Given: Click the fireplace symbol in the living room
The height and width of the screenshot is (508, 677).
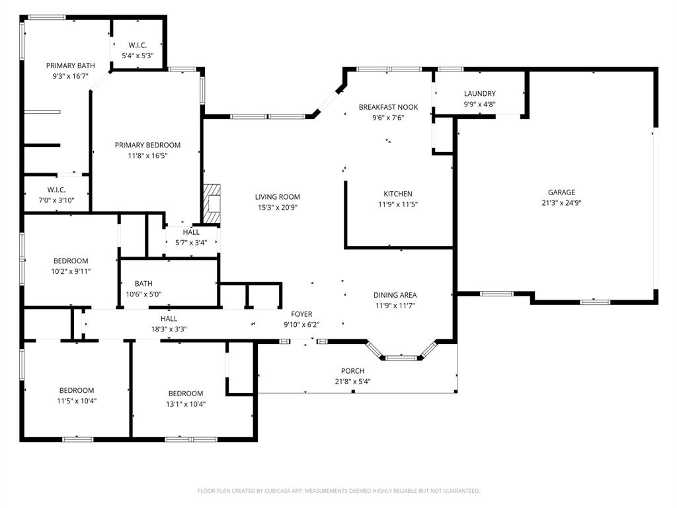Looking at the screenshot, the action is click(x=212, y=204).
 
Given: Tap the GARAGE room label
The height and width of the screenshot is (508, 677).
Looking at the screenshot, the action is click(x=561, y=192).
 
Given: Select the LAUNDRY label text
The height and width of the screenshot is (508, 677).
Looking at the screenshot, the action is click(x=480, y=93).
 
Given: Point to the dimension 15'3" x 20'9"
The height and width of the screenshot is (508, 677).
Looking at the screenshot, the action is click(x=278, y=207).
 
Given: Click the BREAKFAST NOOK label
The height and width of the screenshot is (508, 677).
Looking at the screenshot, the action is click(x=388, y=107).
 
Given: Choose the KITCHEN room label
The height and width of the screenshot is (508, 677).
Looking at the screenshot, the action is click(x=398, y=194).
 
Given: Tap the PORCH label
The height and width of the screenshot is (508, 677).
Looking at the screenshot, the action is click(x=353, y=370).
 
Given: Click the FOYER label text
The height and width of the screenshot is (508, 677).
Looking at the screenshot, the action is click(x=301, y=314).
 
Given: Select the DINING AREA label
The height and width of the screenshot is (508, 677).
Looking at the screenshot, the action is click(x=395, y=295).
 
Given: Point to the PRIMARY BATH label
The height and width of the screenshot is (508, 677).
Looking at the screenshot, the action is click(x=70, y=65).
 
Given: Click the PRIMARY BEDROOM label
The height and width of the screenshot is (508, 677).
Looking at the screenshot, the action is click(x=147, y=145).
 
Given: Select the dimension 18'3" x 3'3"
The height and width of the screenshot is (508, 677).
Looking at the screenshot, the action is click(x=169, y=329).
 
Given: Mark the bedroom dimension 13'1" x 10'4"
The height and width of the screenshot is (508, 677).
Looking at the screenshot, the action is click(x=186, y=404).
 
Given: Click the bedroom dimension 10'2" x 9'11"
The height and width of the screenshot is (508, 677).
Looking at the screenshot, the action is click(x=71, y=272).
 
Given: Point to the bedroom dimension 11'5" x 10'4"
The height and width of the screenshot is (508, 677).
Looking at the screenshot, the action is click(x=77, y=401).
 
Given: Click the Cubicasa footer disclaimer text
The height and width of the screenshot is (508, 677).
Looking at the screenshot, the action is click(x=338, y=491).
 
